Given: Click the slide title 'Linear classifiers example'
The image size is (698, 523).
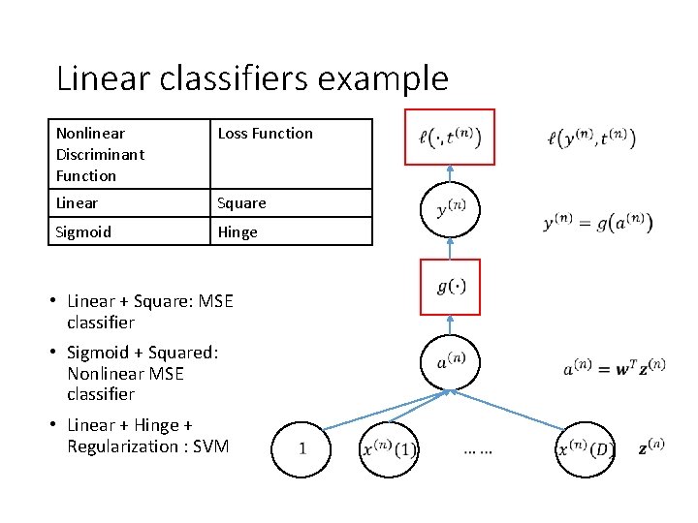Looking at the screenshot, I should click(x=252, y=77).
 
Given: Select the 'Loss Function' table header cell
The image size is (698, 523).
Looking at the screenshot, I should click(x=290, y=153).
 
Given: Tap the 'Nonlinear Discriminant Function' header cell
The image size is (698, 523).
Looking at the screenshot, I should click(x=129, y=153).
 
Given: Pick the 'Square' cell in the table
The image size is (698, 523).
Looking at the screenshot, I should click(x=290, y=202).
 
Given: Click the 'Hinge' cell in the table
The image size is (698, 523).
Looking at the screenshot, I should click(x=290, y=231).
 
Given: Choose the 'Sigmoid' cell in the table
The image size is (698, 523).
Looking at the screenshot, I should click(x=129, y=231).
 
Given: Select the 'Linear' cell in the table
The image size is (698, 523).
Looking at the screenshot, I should click(x=129, y=202).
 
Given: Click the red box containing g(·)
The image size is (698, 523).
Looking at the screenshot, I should click(x=451, y=287).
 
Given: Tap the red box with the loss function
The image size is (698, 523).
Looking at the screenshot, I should click(x=449, y=138).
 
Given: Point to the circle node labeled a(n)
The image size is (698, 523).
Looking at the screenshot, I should click(x=450, y=361).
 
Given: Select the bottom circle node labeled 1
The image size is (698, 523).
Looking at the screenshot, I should click(x=302, y=448).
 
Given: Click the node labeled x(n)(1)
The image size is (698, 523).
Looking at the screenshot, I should click(x=389, y=448).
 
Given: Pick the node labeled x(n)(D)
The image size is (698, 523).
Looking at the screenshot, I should click(x=586, y=449).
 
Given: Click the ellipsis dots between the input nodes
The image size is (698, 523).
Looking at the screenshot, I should click(x=478, y=450).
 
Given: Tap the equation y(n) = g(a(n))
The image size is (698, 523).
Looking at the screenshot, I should click(x=597, y=223).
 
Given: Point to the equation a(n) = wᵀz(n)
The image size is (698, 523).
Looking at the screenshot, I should click(x=613, y=369).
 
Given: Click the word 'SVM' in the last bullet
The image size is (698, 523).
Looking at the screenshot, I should click(x=210, y=446).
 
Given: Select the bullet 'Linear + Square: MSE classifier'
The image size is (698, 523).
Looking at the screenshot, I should click(x=150, y=312).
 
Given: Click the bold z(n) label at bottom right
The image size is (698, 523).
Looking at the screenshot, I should click(x=651, y=448).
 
